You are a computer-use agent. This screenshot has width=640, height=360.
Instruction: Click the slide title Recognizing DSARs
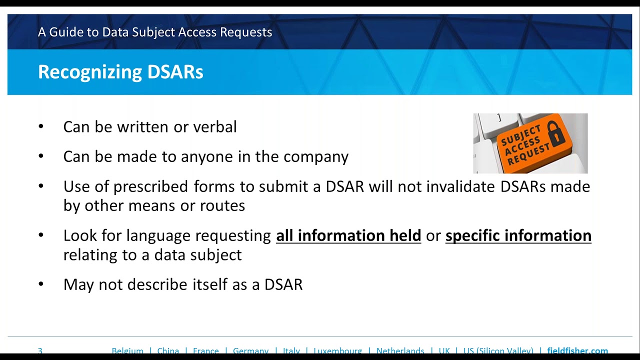[120, 72]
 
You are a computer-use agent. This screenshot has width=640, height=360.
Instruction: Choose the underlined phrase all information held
[348, 235]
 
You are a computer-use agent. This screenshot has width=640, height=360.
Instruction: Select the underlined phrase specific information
[518, 235]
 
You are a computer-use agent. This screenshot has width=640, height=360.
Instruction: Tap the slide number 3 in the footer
[40, 350]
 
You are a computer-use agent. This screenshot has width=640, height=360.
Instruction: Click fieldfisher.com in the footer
[577, 350]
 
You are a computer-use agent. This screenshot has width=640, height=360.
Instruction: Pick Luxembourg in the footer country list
[337, 350]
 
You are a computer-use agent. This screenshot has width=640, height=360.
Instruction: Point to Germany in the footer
[250, 350]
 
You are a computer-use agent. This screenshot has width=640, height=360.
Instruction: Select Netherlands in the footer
[400, 350]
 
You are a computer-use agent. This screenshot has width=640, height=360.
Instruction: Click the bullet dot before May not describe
[41, 284]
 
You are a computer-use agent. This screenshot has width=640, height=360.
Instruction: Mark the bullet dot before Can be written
[41, 127]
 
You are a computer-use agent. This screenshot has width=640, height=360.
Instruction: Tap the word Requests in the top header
[248, 32]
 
